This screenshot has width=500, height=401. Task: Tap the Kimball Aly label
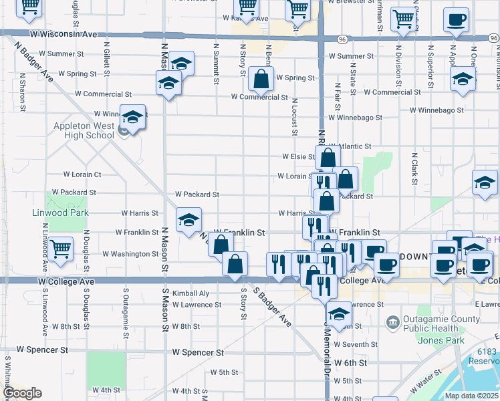click(191, 293)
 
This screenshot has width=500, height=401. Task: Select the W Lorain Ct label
click(82, 174)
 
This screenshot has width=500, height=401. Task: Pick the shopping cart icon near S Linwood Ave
click(60, 249)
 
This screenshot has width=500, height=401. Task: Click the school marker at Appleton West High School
click(133, 117)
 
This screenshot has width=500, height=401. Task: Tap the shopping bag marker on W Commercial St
click(261, 79)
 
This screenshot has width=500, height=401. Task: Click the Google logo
click(22, 393)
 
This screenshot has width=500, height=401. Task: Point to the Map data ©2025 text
click(472, 396)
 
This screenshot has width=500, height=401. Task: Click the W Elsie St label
click(298, 156)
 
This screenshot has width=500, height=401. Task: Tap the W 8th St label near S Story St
click(186, 327)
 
